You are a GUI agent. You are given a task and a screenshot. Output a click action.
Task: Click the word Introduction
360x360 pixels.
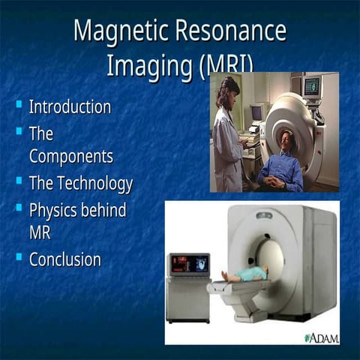[x=70, y=106]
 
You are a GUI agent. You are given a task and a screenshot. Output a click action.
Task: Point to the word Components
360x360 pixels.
[x=71, y=156]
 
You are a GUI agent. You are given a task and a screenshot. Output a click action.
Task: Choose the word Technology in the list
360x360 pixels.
[x=94, y=183]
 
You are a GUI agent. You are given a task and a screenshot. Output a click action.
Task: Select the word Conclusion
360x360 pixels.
[x=65, y=259]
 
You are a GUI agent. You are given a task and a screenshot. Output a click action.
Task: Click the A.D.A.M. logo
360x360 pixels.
[x=322, y=337]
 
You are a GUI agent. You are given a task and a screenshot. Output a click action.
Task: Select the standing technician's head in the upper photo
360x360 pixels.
[x=229, y=88]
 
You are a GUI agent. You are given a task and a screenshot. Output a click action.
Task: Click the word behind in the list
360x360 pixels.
[x=106, y=209]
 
